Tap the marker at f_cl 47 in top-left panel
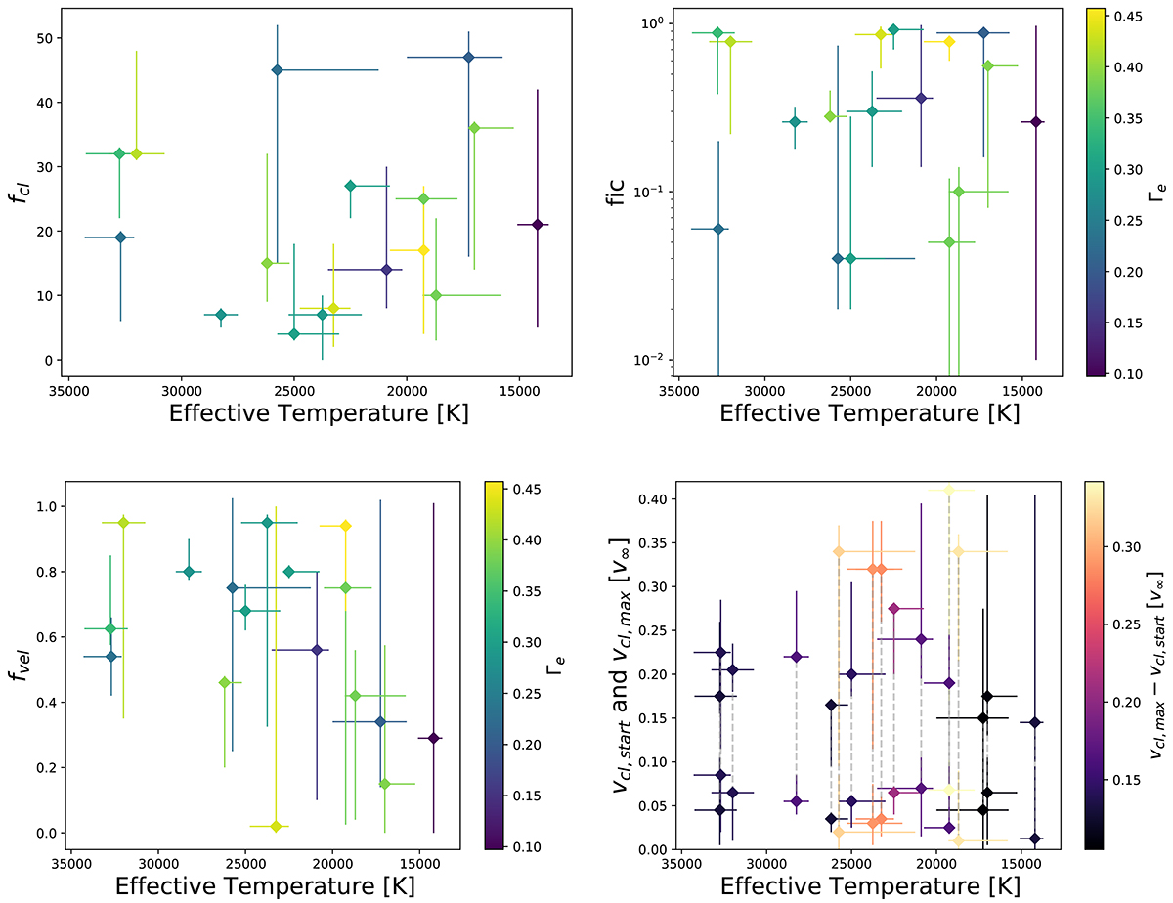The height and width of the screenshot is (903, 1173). point(469,57)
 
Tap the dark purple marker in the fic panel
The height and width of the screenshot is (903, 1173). point(1036,122)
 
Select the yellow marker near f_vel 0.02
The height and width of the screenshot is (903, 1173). point(276,826)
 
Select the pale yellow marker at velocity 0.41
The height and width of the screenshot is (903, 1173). point(948,491)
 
